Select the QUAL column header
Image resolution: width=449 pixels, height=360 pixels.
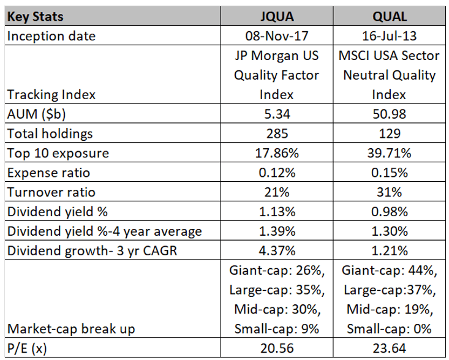pos(388,18)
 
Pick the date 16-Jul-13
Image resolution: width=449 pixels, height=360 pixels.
pos(388,36)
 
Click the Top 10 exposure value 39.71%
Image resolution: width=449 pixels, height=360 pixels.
pos(388,153)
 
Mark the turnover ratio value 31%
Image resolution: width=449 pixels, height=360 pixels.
pos(388,192)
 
